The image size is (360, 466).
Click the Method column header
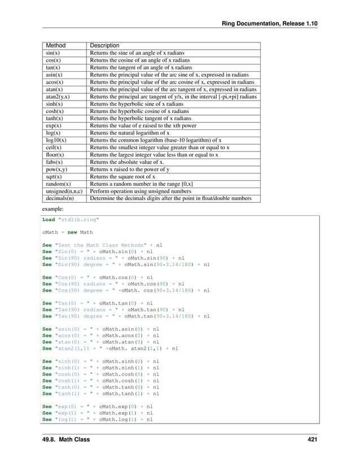pos(55,45)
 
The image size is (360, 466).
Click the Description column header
pos(104,45)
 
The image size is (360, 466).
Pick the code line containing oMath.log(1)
pos(98,420)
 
